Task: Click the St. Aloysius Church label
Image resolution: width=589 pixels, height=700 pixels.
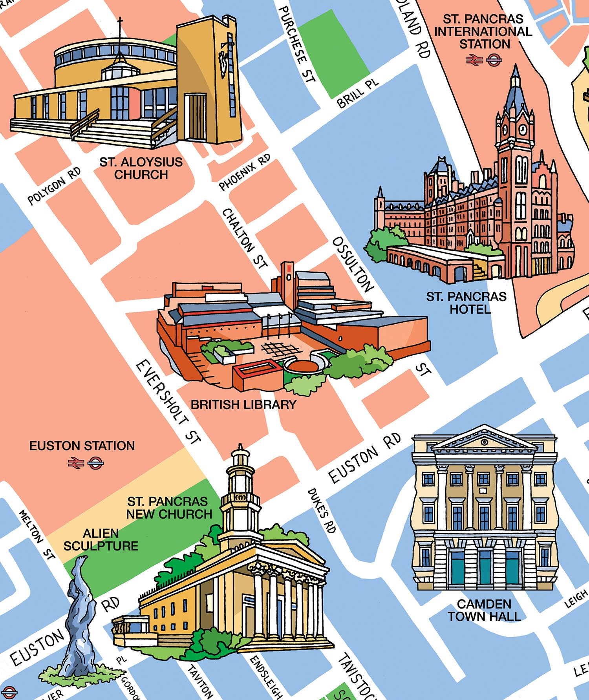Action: click(141, 168)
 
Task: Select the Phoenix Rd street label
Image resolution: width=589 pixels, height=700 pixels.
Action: click(244, 172)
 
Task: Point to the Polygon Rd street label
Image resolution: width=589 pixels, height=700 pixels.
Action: click(54, 186)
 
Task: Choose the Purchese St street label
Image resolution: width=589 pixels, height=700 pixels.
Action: click(298, 44)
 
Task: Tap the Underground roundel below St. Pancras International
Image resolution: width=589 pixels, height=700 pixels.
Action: click(494, 60)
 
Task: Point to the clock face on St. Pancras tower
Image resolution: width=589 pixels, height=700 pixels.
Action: click(523, 129)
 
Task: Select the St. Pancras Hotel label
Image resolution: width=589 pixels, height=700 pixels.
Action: click(466, 302)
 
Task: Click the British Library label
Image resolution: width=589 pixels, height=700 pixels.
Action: click(243, 404)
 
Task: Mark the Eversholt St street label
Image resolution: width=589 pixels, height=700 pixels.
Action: click(168, 402)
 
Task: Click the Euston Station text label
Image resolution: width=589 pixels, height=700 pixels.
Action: click(82, 446)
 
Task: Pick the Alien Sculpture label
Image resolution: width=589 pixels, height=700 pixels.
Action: click(101, 539)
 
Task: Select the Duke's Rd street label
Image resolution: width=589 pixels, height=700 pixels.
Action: click(322, 510)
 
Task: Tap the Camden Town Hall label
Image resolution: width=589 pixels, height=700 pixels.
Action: click(484, 610)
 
